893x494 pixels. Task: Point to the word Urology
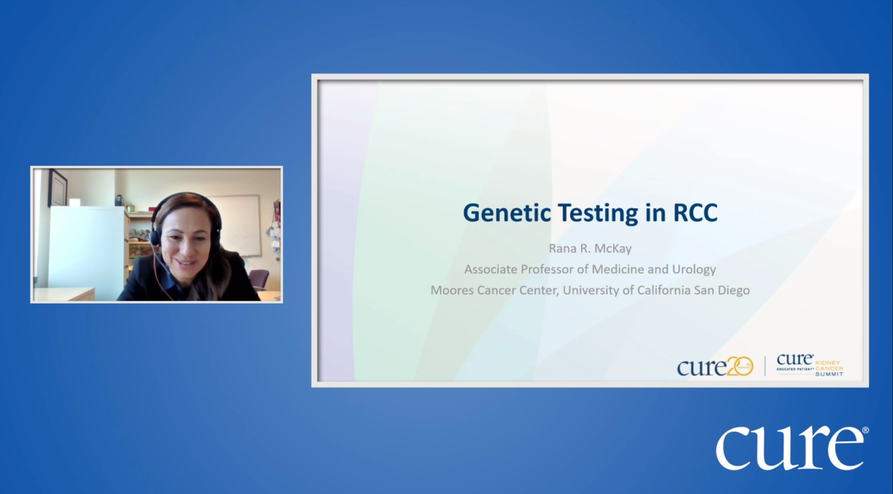pyautogui.click(x=694, y=270)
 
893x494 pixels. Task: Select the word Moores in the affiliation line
pyautogui.click(x=452, y=290)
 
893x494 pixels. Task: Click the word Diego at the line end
pyautogui.click(x=734, y=291)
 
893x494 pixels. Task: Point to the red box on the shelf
pyautogui.click(x=152, y=209)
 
